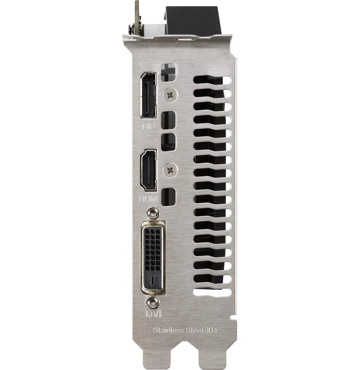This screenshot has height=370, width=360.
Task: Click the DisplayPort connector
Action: pyautogui.click(x=148, y=95)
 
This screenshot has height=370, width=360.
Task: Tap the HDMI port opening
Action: pyautogui.click(x=148, y=170)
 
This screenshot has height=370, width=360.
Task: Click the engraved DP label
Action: pyautogui.click(x=148, y=127)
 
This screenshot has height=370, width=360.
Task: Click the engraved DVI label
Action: pyautogui.click(x=153, y=314)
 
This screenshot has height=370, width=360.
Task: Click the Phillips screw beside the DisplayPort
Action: pyautogui.click(x=170, y=95)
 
